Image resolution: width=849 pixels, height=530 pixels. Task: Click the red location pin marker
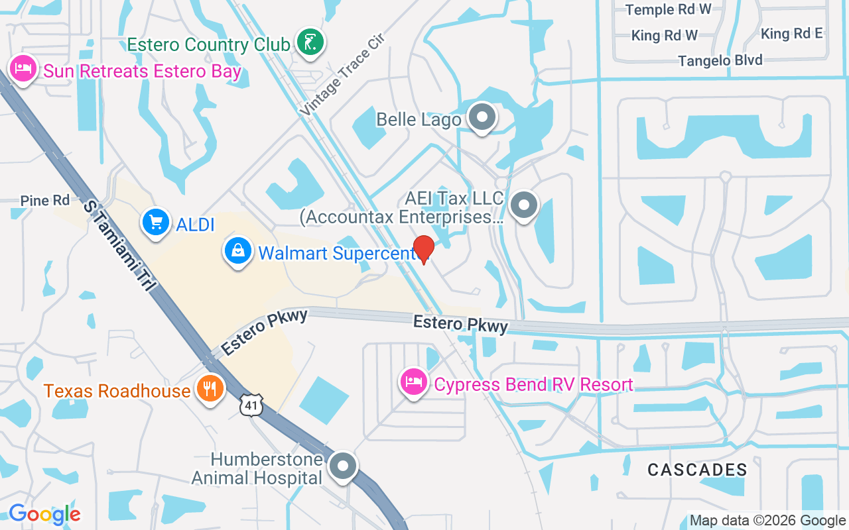(424, 249)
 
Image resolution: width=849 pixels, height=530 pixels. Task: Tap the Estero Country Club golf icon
(310, 42)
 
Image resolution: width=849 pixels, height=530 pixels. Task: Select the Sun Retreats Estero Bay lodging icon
(23, 69)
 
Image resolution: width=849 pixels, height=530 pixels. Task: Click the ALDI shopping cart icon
(156, 222)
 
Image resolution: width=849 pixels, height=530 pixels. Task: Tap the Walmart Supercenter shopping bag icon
(237, 251)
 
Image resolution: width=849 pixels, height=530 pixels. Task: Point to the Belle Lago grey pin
(482, 117)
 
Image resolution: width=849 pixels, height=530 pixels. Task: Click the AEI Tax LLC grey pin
(525, 205)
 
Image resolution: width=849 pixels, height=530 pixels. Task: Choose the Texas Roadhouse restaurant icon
(210, 389)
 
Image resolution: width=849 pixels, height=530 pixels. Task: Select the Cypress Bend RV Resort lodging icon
(414, 382)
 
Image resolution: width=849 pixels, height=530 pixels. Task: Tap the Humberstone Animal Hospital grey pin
(343, 466)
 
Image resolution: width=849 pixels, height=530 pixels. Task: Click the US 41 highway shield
(253, 405)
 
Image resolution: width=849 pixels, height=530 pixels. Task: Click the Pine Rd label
(45, 200)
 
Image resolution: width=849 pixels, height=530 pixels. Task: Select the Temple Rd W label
(669, 9)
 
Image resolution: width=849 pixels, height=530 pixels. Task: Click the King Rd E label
(792, 34)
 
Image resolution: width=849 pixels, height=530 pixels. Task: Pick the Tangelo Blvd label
(720, 61)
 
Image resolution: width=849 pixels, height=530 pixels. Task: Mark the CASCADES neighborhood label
(697, 470)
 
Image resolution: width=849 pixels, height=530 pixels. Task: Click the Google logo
(44, 513)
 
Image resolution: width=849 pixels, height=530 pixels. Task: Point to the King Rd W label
(665, 35)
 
